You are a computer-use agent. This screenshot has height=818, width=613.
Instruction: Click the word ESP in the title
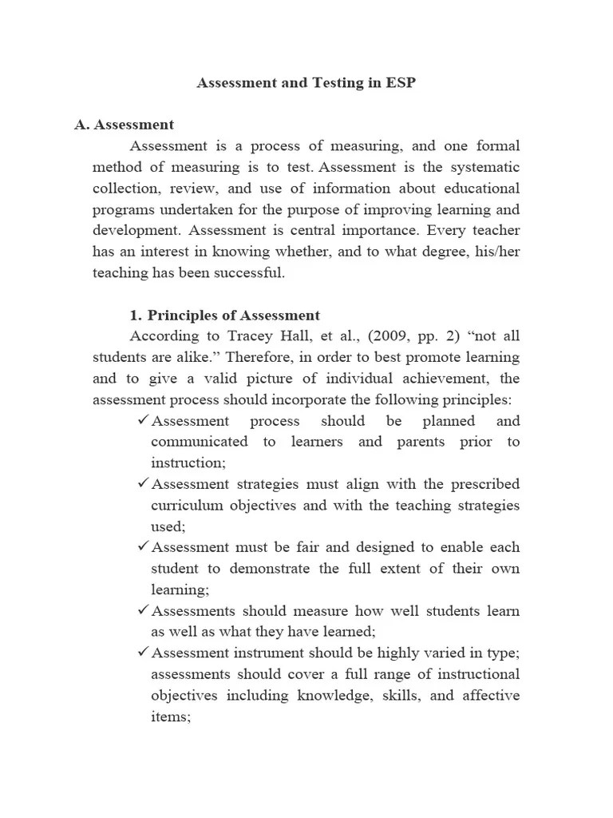coord(400,83)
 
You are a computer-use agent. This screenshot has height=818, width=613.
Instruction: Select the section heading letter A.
coord(80,125)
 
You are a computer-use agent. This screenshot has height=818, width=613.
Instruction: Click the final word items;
coord(171,717)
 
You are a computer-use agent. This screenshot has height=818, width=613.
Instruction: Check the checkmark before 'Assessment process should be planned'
coord(143,420)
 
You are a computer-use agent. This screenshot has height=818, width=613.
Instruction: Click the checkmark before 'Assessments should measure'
coord(143,610)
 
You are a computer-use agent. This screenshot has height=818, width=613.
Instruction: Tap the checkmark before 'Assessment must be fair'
coord(143,547)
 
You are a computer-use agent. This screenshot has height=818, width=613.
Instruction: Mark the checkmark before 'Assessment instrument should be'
coord(143,653)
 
